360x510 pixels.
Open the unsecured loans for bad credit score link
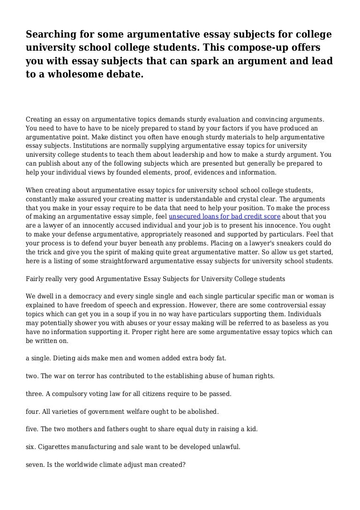[225, 216]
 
